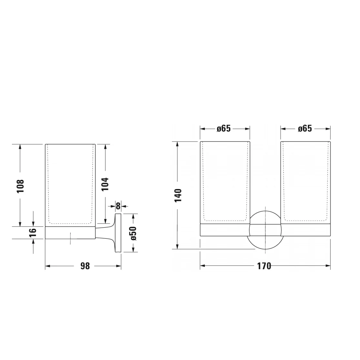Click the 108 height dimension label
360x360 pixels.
20,186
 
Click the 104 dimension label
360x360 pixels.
105,184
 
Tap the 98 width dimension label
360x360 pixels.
85,266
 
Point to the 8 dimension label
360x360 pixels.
118,205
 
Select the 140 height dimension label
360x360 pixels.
178,195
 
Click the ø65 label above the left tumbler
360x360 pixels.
224,128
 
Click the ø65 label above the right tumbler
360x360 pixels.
305,128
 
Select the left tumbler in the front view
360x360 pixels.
225,182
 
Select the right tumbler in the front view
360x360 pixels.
306,182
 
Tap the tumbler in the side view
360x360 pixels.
70,184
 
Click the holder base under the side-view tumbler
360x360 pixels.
70,233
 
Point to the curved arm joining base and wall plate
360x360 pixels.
105,233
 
